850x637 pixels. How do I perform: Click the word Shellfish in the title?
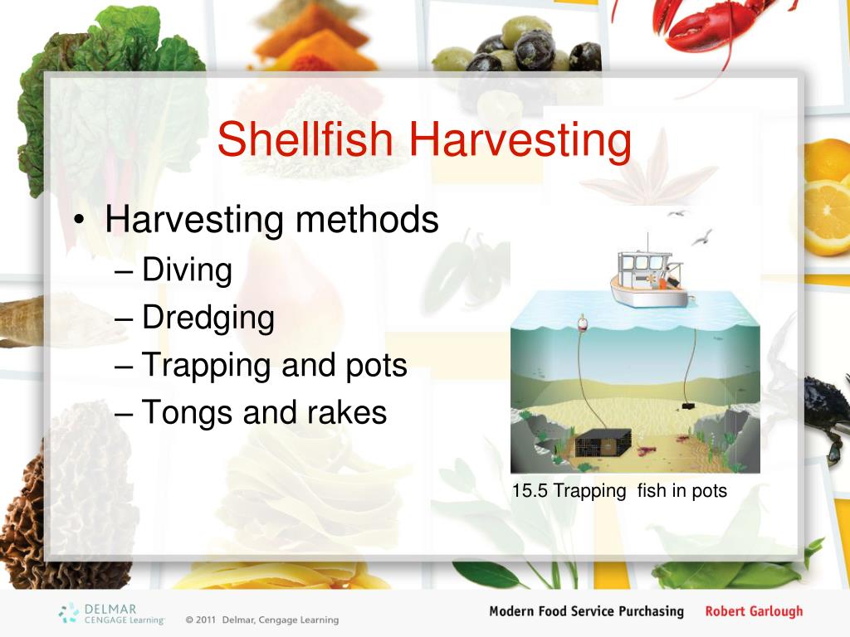(x=307, y=139)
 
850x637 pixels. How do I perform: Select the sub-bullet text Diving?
(x=187, y=270)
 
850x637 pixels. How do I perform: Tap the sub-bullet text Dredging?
(x=208, y=318)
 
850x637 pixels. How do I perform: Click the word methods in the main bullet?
(x=366, y=221)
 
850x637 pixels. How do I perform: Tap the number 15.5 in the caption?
(x=530, y=491)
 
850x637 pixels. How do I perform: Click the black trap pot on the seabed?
(x=603, y=443)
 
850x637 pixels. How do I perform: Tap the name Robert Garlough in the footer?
(x=754, y=612)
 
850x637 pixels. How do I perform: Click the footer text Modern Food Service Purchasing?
(x=586, y=612)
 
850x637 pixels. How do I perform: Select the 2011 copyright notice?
(x=261, y=620)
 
